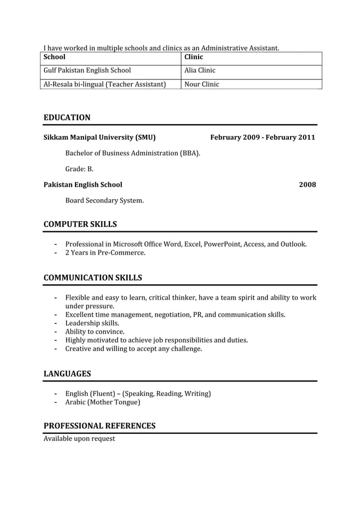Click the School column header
(55, 57)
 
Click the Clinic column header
(194, 57)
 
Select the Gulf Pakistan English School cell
(87, 71)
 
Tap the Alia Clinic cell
(200, 71)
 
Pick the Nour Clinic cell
(201, 84)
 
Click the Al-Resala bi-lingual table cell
(104, 84)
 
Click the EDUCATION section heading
(67, 117)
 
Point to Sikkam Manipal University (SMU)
(99, 137)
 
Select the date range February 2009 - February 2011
(262, 137)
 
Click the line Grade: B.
(79, 169)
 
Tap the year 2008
(307, 185)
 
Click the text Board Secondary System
(104, 200)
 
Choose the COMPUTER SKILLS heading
(80, 224)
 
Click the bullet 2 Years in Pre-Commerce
(105, 253)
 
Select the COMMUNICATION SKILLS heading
(93, 278)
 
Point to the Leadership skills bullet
(92, 323)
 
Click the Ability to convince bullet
(95, 332)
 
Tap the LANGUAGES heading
(67, 374)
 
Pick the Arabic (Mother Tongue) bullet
(103, 402)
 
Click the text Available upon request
(79, 438)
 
